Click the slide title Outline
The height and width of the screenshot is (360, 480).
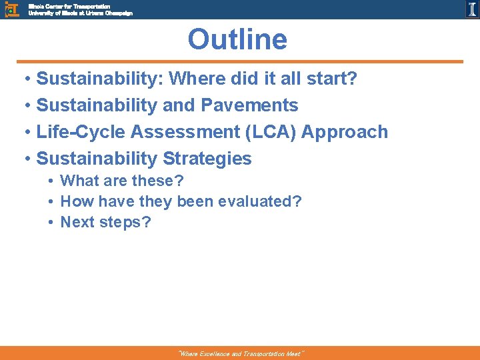click(237, 39)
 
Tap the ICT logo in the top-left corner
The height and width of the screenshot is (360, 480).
click(11, 9)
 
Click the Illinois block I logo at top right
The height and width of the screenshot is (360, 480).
click(471, 9)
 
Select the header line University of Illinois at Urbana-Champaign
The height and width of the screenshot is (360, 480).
click(80, 13)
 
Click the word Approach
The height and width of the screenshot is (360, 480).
click(345, 132)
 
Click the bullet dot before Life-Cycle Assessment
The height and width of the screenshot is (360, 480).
click(25, 133)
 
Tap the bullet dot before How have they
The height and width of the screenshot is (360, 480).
click(51, 202)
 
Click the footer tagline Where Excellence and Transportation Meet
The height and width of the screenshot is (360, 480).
click(240, 354)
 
